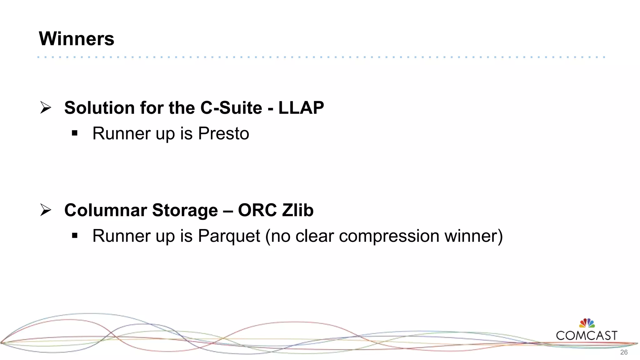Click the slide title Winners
[x=77, y=39]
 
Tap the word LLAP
[x=301, y=108]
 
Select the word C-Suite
[x=231, y=108]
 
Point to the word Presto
[x=223, y=133]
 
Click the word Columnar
[x=106, y=210]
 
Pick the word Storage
[x=185, y=210]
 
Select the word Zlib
[x=298, y=210]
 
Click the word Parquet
[x=229, y=236]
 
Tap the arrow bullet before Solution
[x=46, y=107]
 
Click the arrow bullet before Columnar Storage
[x=46, y=210]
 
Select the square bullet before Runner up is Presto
[x=74, y=133]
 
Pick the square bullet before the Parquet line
[x=74, y=236]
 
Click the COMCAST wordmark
[x=587, y=336]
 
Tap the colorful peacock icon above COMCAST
[x=587, y=323]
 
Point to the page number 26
[x=624, y=352]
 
